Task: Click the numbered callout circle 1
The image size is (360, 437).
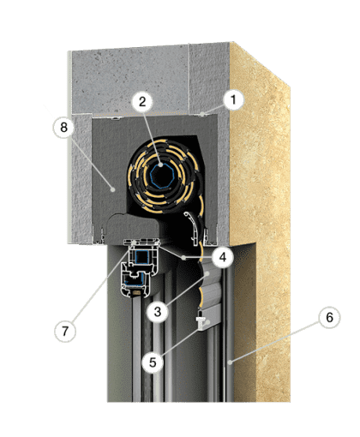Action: click(x=233, y=100)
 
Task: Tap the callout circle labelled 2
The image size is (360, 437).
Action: click(x=142, y=102)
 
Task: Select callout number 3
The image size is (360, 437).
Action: click(x=158, y=312)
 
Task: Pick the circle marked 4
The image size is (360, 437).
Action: click(x=223, y=257)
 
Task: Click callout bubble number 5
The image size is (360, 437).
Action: click(x=153, y=362)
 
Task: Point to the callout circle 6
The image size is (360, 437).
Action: click(x=329, y=317)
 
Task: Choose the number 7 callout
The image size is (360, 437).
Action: click(x=65, y=332)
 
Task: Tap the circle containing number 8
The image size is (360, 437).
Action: click(x=63, y=128)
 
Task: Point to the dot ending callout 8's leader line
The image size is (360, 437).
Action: click(x=113, y=189)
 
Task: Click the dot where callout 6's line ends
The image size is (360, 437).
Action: click(x=231, y=362)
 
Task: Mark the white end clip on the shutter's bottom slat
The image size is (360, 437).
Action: click(x=201, y=320)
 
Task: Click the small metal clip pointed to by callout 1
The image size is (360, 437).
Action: click(x=202, y=115)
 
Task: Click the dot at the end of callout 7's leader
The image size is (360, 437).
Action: click(x=134, y=242)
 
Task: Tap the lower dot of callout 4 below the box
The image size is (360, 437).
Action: click(x=184, y=258)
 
